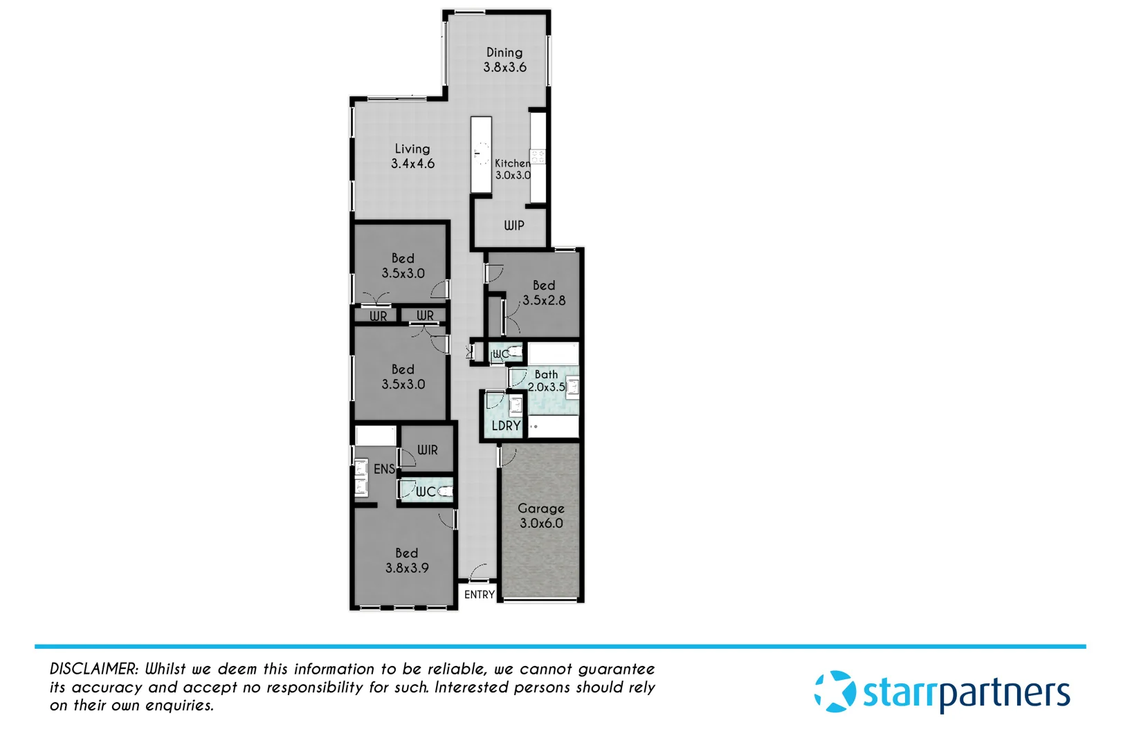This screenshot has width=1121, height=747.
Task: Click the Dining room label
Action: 504,59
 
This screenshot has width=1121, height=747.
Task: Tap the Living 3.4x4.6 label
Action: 412,156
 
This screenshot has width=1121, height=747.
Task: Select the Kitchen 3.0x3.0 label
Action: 513,169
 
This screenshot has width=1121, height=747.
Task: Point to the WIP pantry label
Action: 513,225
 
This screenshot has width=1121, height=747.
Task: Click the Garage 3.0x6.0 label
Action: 541,516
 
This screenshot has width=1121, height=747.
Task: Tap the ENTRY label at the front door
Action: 479,595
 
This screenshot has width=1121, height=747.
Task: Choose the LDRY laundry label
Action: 506,426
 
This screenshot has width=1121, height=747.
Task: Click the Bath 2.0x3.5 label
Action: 547,380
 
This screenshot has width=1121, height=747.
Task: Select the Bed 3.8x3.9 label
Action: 407,560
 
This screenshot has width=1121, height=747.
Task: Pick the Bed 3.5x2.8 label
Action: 544,293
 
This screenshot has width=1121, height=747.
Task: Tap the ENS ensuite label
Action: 384,469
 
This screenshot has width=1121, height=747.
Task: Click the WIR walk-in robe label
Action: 428,450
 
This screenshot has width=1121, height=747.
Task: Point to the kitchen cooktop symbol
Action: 538,156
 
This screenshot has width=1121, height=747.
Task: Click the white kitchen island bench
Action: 481,154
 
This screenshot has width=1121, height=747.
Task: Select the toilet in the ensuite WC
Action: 445,491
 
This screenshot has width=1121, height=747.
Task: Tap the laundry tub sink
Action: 516,405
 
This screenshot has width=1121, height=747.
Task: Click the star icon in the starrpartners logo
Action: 835,691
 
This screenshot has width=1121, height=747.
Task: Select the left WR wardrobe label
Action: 378,316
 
